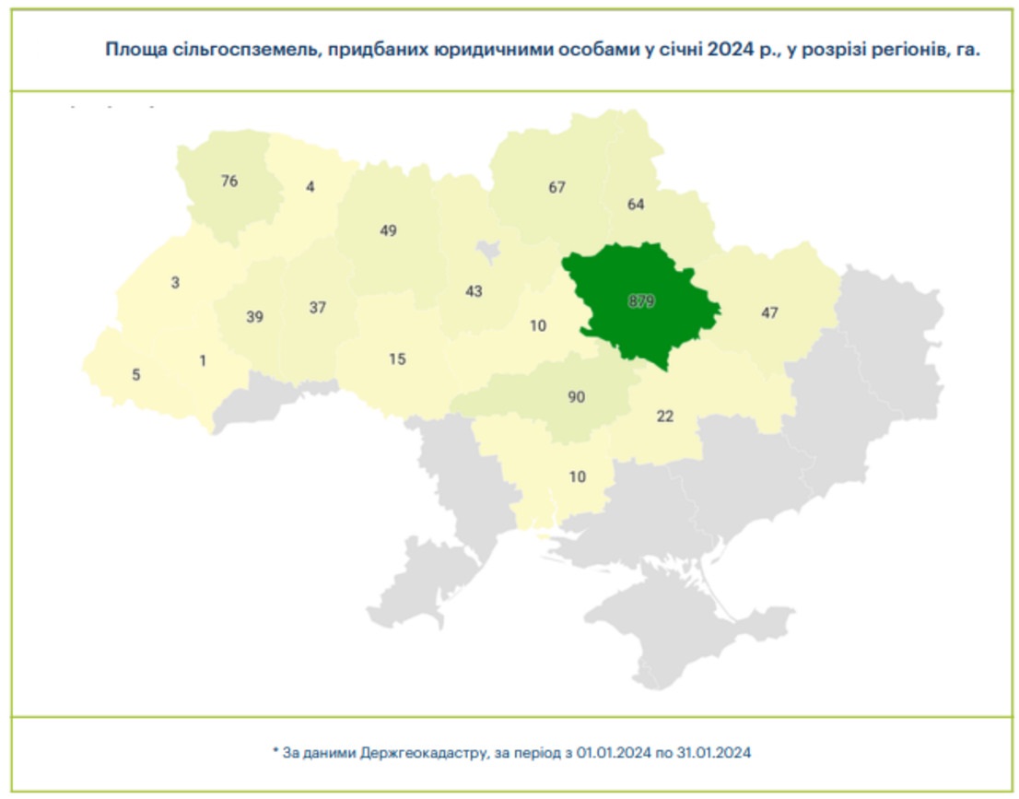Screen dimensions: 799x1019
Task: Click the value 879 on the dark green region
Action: click(x=641, y=301)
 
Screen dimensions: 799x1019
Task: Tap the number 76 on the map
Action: click(x=229, y=182)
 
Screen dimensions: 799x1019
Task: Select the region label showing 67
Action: click(x=556, y=187)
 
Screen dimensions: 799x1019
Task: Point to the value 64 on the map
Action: click(x=636, y=204)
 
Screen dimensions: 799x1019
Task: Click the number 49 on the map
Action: click(x=388, y=230)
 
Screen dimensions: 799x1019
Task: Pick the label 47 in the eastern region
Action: click(x=770, y=313)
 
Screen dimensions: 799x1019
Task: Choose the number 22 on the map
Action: click(x=665, y=417)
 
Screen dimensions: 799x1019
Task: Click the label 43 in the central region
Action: click(x=474, y=291)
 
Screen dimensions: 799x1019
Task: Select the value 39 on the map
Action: click(x=255, y=317)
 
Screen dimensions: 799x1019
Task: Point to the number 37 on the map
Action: click(x=318, y=308)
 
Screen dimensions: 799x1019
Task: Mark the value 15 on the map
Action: click(x=397, y=359)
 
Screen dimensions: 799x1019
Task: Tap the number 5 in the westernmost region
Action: click(x=136, y=375)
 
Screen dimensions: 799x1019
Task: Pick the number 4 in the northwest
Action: click(x=310, y=186)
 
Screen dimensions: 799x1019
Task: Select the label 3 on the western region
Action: click(x=175, y=283)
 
